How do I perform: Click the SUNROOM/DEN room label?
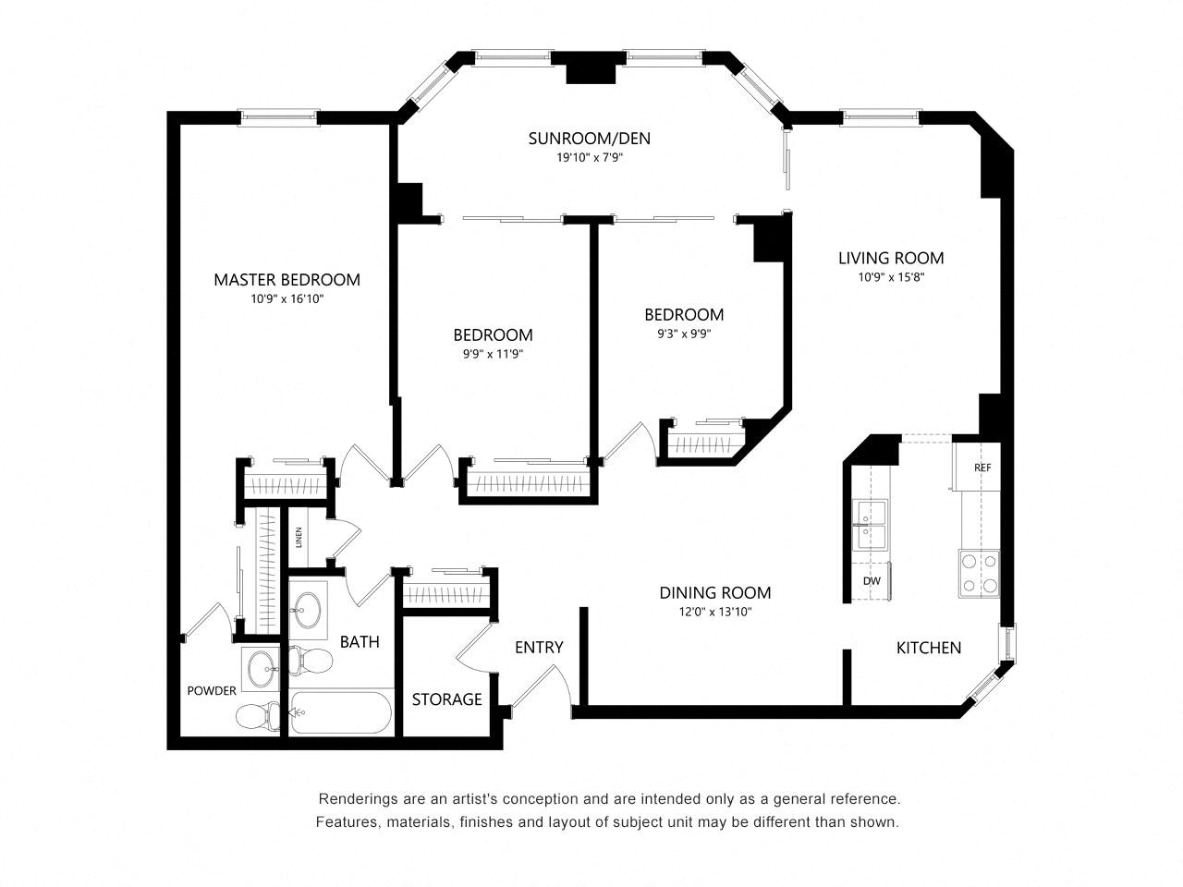(589, 139)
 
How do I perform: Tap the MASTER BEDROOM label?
(287, 280)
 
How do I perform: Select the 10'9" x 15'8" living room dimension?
(891, 277)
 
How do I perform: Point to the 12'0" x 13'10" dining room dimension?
(714, 612)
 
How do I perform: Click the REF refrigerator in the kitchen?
(977, 467)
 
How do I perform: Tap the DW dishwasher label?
(872, 581)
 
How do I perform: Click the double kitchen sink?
(870, 525)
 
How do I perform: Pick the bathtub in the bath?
(340, 713)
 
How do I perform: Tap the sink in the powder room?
(261, 669)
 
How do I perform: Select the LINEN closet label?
(299, 537)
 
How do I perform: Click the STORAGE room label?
(446, 699)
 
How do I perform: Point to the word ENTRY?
(539, 648)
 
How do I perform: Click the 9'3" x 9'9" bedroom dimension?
(684, 334)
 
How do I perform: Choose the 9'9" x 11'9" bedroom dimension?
(494, 355)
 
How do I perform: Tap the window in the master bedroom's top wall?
(278, 116)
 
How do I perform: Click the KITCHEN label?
(929, 648)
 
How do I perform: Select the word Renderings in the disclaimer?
(351, 798)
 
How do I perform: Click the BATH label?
(360, 642)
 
